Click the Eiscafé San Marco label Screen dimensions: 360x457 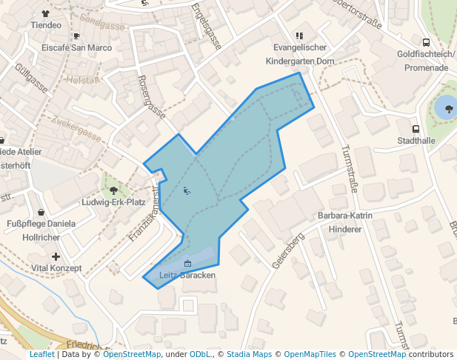click(x=76, y=47)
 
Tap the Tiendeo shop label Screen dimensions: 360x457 click(x=46, y=24)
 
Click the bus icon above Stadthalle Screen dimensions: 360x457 click(x=416, y=128)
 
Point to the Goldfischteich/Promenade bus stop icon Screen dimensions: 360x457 click(x=426, y=42)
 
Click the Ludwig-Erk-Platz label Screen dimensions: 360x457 click(x=113, y=202)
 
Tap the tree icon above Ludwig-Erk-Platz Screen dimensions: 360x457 click(x=113, y=190)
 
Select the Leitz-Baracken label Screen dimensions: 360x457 click(x=187, y=275)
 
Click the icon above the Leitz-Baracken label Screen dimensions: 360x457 click(x=187, y=264)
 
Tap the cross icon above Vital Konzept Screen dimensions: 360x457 click(x=56, y=256)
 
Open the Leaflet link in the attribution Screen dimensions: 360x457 click(x=41, y=355)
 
